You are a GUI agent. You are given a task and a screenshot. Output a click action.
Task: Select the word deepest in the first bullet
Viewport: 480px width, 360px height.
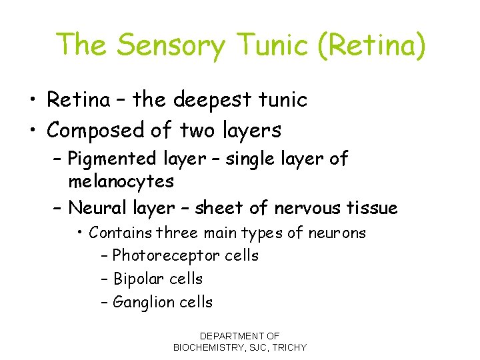(x=211, y=101)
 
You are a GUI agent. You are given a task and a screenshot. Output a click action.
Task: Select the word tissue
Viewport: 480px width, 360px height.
(x=371, y=208)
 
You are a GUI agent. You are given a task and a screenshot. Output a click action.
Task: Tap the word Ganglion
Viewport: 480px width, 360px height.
(x=141, y=302)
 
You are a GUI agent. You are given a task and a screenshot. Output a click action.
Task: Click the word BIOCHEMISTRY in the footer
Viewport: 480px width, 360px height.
(x=215, y=347)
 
